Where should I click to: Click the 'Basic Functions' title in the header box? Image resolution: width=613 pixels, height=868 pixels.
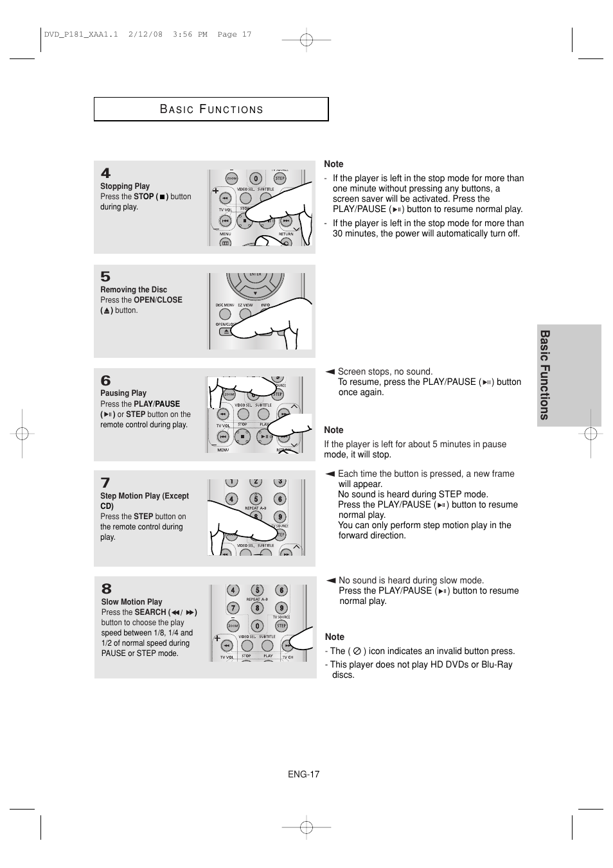coord(211,109)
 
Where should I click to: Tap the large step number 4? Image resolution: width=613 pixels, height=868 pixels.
coord(105,173)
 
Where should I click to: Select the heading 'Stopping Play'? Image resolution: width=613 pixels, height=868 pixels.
coord(125,186)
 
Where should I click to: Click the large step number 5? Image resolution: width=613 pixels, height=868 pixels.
coord(105,277)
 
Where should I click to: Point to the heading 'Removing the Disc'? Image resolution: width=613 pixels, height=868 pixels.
coord(133,290)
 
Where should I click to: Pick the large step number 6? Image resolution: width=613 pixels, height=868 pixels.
coord(105,381)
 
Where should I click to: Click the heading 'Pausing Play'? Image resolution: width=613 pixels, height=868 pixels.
coord(123,393)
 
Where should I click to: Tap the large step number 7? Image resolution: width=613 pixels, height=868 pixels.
coord(105,483)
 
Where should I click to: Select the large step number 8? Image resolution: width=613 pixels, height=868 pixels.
coord(106,589)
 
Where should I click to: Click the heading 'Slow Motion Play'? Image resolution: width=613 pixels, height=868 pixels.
coord(132,602)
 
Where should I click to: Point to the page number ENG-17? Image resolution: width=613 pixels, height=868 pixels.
coord(303,774)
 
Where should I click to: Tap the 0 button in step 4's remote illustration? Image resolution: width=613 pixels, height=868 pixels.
coord(256,179)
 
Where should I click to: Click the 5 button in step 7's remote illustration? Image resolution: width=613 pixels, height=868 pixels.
coord(256,499)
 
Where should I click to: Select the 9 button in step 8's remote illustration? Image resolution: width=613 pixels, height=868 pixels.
coord(281,607)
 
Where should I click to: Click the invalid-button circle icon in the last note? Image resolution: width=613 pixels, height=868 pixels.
coord(357,651)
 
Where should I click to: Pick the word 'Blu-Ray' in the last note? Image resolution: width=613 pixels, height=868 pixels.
coord(497,664)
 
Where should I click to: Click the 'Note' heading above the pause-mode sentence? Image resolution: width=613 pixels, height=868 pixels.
coord(333,430)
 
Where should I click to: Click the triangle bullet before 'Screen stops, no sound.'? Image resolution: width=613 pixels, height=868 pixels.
coord(330,371)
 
